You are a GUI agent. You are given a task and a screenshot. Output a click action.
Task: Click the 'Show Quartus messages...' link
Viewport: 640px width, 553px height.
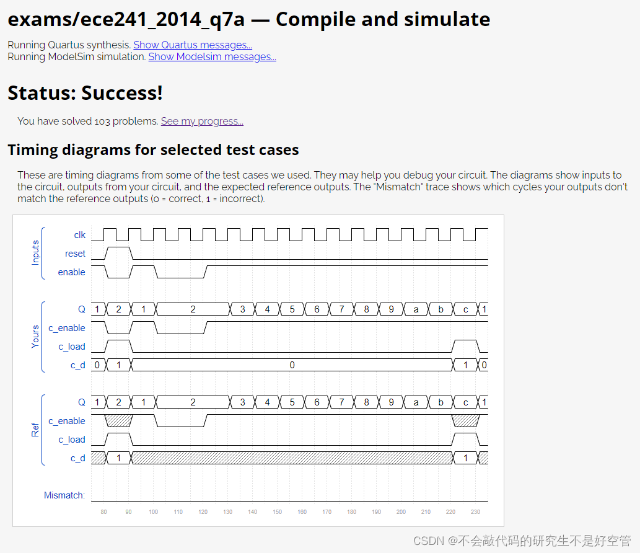193,45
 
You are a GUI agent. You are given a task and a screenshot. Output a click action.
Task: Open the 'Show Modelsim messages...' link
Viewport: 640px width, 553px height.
212,57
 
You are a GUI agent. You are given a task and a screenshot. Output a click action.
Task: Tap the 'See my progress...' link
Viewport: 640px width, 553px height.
202,122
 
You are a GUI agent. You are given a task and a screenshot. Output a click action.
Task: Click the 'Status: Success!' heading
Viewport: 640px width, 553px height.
85,93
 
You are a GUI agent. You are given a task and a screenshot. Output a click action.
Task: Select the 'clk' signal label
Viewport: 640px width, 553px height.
79,235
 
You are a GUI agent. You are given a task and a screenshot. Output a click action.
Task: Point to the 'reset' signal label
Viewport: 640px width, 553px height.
75,254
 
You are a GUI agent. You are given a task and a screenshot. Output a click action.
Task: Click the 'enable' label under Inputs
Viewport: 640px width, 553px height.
71,272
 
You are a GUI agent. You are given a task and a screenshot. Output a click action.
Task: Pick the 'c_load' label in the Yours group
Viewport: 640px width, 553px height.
72,347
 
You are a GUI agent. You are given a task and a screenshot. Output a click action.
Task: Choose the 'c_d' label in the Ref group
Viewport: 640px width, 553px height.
77,458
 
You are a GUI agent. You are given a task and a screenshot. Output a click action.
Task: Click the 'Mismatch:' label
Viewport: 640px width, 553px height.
64,495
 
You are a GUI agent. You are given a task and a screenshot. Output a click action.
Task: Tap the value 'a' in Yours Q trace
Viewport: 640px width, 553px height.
416,309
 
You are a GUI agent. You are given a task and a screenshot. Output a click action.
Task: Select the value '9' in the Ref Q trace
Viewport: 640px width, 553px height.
391,402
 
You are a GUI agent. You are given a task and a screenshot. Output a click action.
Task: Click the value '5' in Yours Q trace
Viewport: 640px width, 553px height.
292,309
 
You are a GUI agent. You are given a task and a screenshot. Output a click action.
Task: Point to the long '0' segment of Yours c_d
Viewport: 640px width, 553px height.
292,365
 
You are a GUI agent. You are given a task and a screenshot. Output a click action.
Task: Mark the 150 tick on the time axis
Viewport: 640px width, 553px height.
277,512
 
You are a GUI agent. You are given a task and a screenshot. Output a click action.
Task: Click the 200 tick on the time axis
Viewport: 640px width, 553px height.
401,512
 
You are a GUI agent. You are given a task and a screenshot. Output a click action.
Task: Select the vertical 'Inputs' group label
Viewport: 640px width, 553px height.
35,253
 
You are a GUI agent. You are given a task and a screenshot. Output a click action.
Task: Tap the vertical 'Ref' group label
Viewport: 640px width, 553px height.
35,430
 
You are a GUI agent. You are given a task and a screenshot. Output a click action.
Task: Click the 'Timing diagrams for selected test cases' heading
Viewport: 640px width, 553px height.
153,150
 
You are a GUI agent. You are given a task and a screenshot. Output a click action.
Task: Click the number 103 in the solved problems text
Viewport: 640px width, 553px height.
102,122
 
